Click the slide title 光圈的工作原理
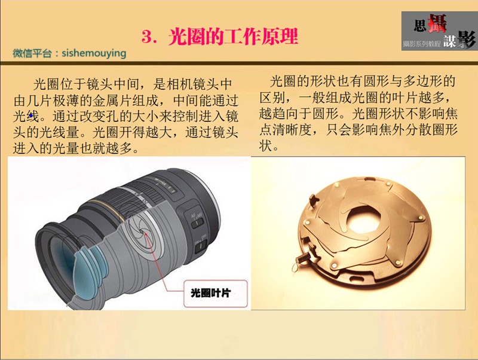pyautogui.click(x=233, y=37)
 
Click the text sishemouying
pyautogui.click(x=94, y=53)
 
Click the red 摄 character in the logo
pyautogui.click(x=437, y=23)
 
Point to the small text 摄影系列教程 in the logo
pyautogui.click(x=422, y=44)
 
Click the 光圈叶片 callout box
pyautogui.click(x=215, y=293)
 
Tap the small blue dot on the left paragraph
pyautogui.click(x=31, y=115)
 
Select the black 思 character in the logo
pyautogui.click(x=420, y=26)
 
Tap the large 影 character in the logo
pyautogui.click(x=466, y=39)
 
